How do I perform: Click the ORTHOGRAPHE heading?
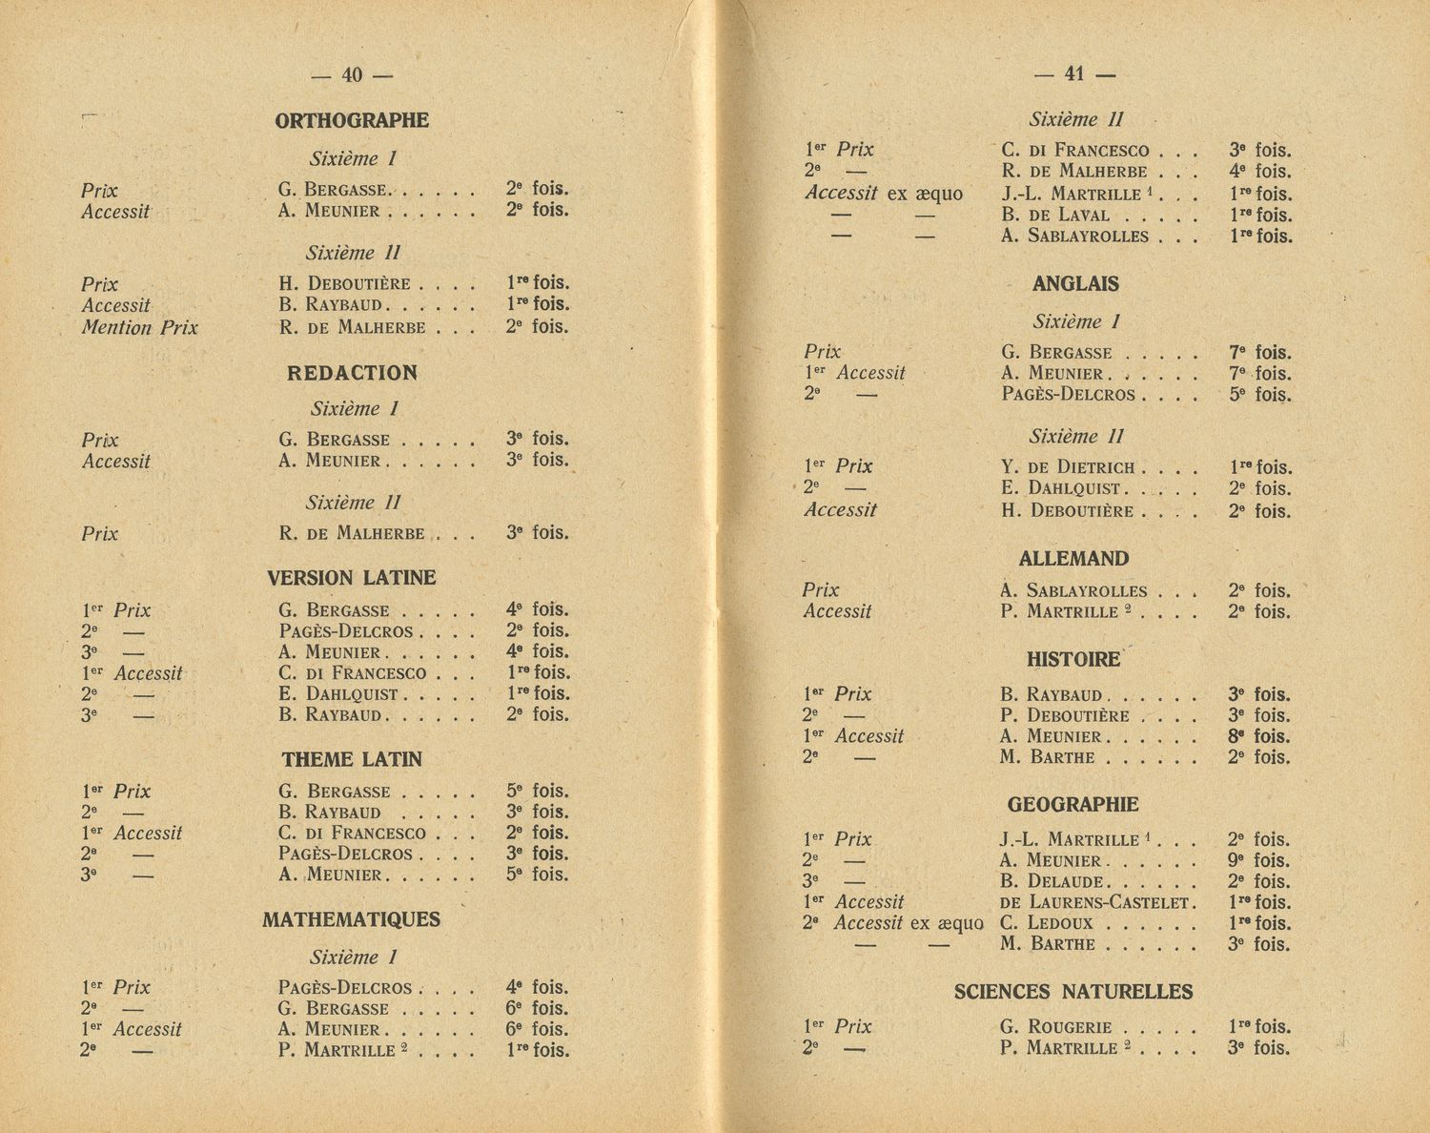tap(352, 121)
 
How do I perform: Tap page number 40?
tap(352, 75)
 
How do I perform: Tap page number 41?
tap(1074, 74)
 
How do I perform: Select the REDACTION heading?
tap(352, 374)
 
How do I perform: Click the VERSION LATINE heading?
tap(352, 578)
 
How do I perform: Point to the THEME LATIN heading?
tap(352, 760)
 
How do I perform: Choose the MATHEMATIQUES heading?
tap(352, 920)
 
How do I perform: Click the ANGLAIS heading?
tap(1075, 284)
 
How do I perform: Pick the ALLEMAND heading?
tap(1073, 559)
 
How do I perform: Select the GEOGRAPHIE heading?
tap(1073, 805)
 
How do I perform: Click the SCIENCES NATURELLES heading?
tap(1073, 993)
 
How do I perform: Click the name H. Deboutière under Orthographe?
tap(345, 284)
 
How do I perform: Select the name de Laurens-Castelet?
tap(1096, 902)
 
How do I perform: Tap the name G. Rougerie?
tap(1056, 1028)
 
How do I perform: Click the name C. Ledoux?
tap(1046, 923)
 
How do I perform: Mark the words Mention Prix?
tap(140, 328)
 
